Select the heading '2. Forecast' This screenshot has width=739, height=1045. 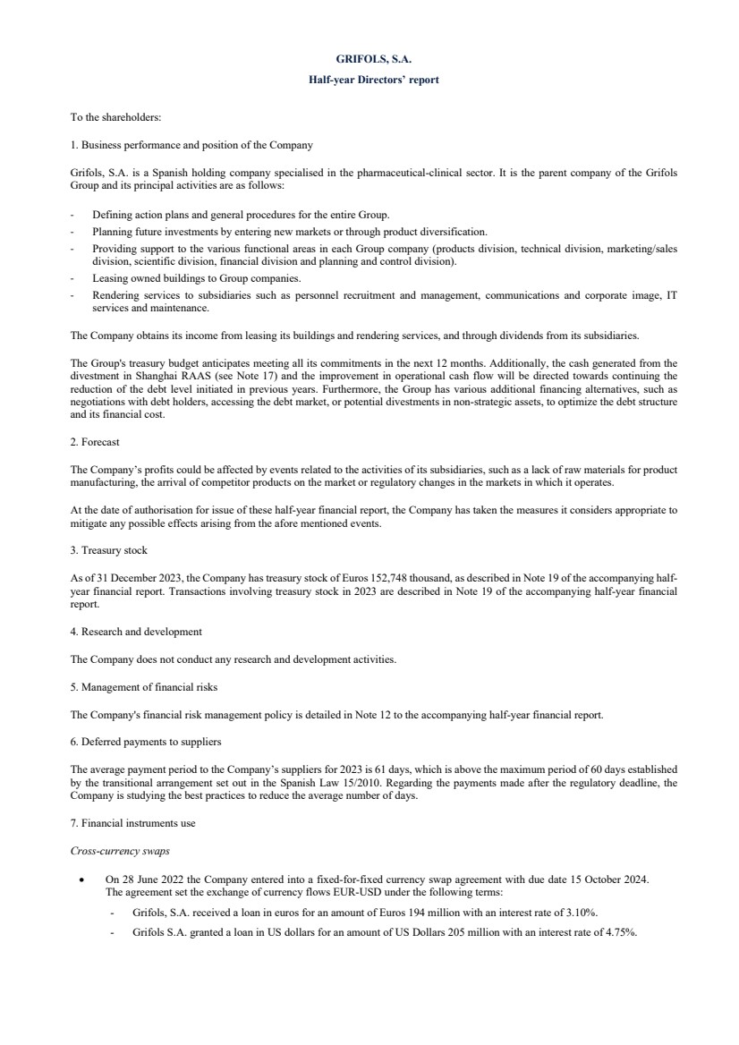(x=95, y=442)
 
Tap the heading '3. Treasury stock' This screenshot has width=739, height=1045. (x=108, y=550)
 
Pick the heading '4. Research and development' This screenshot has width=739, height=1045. (x=136, y=632)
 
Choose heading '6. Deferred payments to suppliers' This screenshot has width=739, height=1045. (x=145, y=742)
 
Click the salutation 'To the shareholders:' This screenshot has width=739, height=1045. (x=115, y=116)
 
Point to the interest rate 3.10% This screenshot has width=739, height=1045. (x=582, y=912)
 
